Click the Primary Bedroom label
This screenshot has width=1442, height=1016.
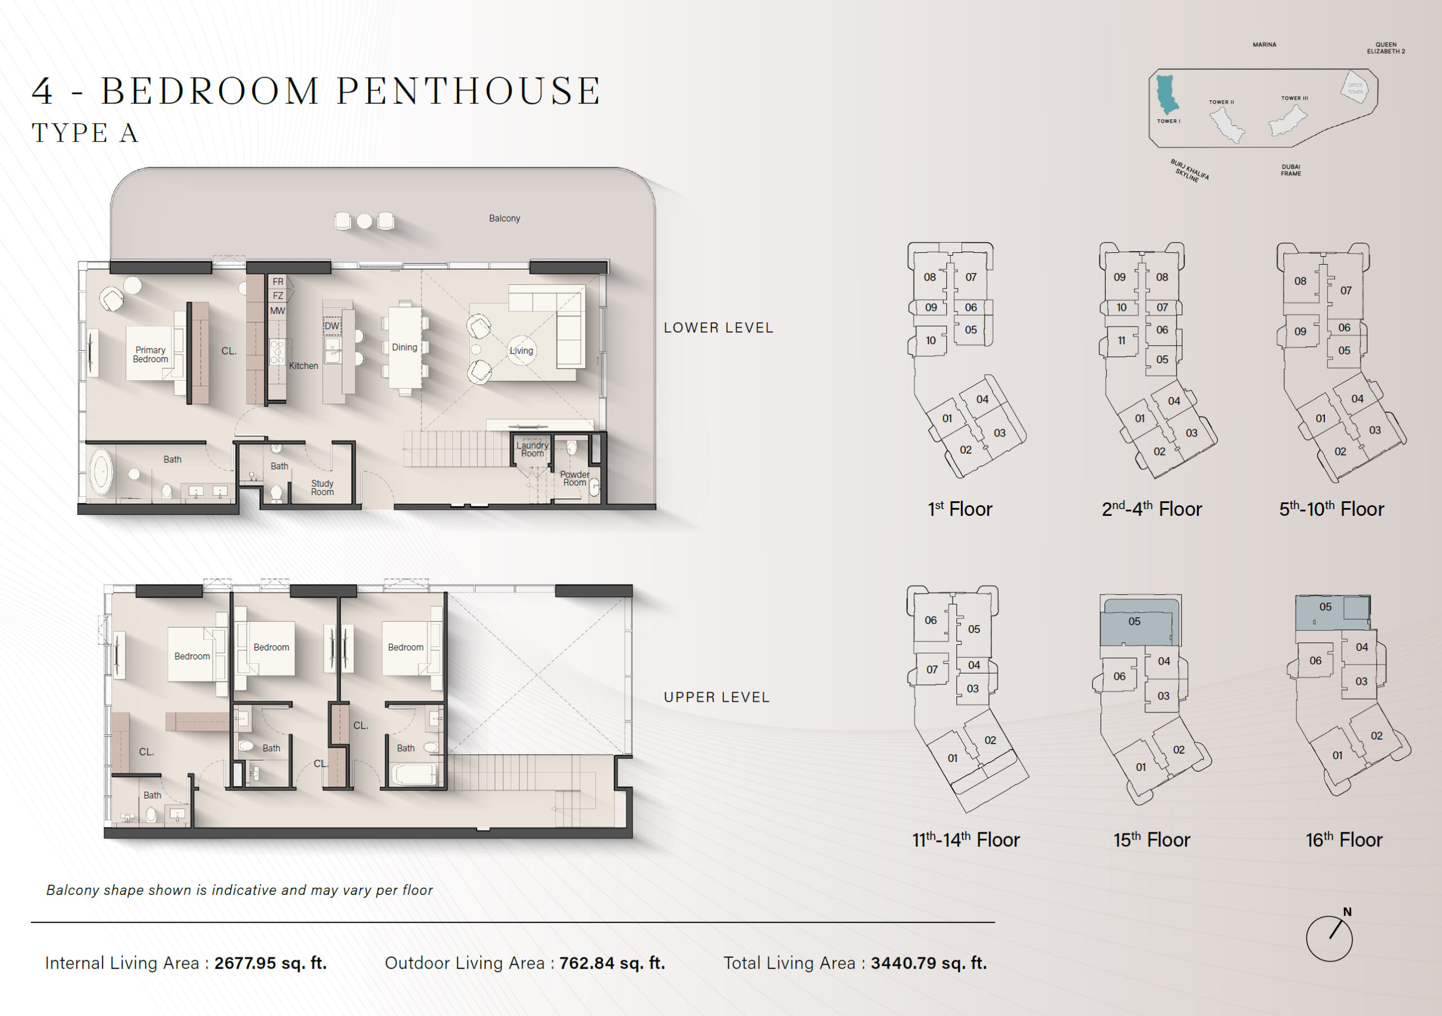coord(151,355)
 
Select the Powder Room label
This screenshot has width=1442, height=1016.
coord(575,479)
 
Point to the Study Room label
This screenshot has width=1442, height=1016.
coord(322,488)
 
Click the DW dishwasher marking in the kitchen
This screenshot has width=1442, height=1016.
coord(332,326)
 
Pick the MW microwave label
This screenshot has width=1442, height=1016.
coord(278,311)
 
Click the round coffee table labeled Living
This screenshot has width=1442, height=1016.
coord(521,350)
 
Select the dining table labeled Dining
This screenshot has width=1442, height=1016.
coord(404,347)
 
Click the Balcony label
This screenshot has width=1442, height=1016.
coord(504,219)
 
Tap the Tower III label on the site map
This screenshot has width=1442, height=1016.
coord(1294,98)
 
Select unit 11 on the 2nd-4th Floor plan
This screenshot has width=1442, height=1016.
coord(1121,340)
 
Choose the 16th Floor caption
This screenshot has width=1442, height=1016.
coord(1344,840)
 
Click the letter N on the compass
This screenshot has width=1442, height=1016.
coord(1347,912)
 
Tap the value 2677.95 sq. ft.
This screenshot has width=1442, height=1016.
coord(271,963)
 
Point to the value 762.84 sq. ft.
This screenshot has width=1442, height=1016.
coord(612,963)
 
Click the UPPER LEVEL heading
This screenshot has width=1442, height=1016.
coord(716,697)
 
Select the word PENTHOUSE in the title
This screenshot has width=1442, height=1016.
coord(469,91)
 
